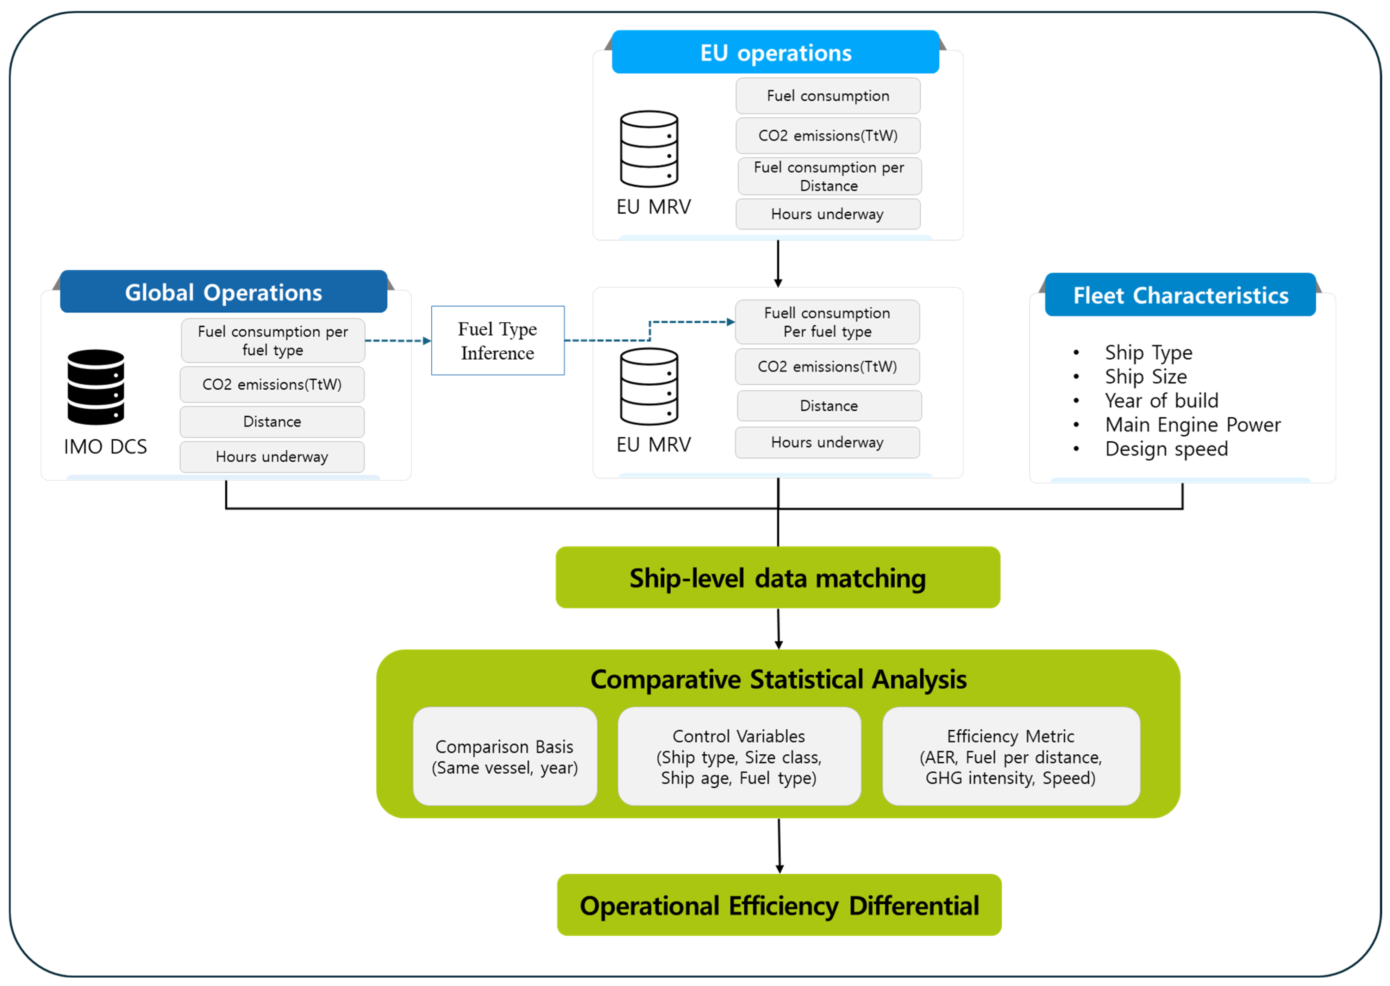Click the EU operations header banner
click(x=775, y=52)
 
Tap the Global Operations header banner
click(x=223, y=292)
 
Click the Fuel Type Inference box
click(x=498, y=341)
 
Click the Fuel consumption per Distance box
click(x=829, y=176)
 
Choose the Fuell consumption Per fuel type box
click(x=827, y=322)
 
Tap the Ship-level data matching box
click(x=777, y=578)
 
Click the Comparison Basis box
click(x=505, y=756)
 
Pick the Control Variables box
click(x=739, y=756)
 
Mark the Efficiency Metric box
click(x=1011, y=756)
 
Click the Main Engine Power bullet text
click(x=1193, y=424)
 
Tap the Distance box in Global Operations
click(x=272, y=422)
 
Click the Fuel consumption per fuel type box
click(x=273, y=341)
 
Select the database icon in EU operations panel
click(x=649, y=149)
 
